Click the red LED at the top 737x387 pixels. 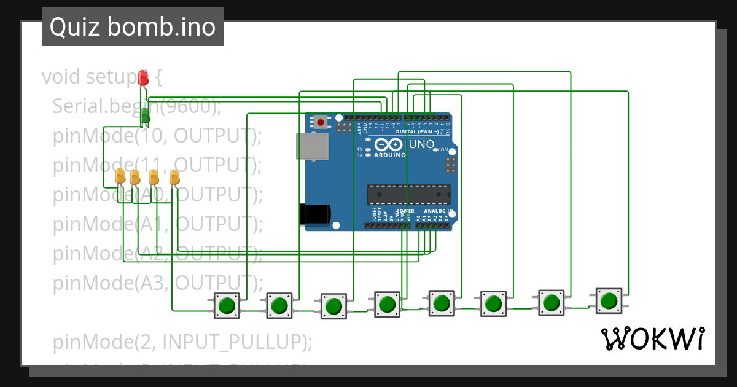pos(143,77)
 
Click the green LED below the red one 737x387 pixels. pos(145,115)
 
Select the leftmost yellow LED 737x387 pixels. pos(120,177)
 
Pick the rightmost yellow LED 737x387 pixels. pos(174,177)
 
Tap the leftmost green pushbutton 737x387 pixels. pos(227,305)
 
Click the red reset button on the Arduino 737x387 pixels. pos(321,122)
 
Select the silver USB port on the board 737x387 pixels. pos(312,147)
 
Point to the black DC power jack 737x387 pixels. pos(314,214)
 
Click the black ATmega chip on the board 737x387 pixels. pos(408,194)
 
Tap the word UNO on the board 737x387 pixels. pos(421,144)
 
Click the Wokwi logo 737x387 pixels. pos(652,338)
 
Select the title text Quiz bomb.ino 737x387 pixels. pos(132,27)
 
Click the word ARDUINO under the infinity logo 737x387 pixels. pos(389,155)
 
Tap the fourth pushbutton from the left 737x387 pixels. pos(387,304)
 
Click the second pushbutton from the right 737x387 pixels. pos(551,302)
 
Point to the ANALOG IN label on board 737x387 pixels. pos(437,211)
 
